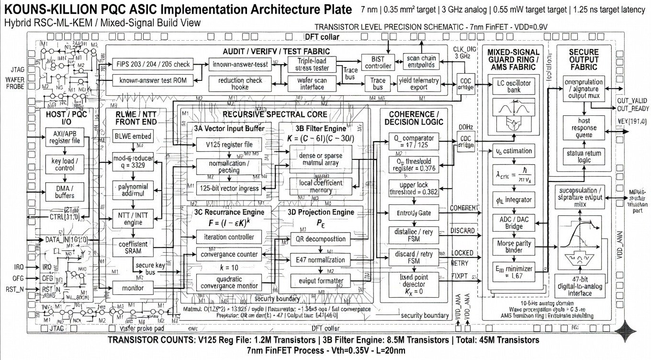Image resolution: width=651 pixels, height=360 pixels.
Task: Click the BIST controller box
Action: pyautogui.click(x=382, y=62)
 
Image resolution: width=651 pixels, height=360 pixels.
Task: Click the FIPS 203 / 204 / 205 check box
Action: pyautogui.click(x=153, y=64)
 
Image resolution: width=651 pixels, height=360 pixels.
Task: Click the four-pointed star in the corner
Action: pyautogui.click(x=629, y=330)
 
